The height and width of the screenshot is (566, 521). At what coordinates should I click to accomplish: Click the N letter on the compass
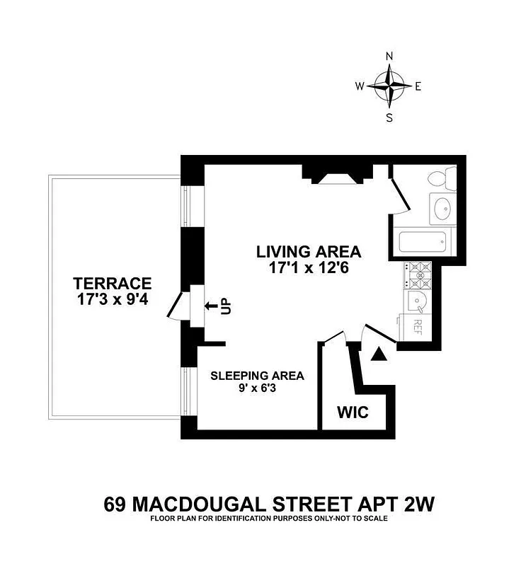[389, 57]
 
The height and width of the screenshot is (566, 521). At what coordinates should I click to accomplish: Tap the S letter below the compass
[389, 118]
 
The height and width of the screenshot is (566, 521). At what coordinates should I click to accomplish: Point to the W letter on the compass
[360, 87]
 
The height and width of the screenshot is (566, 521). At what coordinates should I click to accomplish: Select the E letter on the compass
[418, 87]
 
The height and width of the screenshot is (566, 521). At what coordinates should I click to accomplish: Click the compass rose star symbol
[389, 87]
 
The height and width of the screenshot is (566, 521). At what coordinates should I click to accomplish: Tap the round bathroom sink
[442, 208]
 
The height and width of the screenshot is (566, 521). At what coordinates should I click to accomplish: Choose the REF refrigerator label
[418, 326]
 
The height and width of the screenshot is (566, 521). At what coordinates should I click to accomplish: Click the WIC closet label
[352, 412]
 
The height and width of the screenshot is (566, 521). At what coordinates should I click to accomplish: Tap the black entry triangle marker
[380, 354]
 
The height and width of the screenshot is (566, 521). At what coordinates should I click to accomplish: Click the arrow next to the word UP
[211, 306]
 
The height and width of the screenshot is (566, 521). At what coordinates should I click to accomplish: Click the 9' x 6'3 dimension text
[257, 388]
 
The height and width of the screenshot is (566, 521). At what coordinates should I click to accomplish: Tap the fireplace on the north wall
[337, 175]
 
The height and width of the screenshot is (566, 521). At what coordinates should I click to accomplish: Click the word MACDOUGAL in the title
[219, 505]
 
